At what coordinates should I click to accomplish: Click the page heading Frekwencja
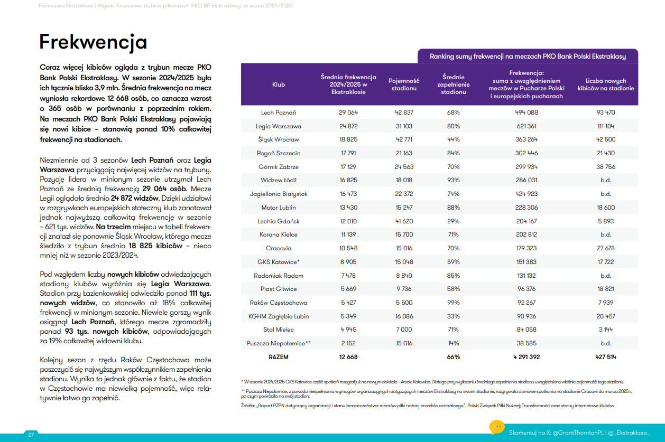point(93,42)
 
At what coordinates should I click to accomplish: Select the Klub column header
point(279,84)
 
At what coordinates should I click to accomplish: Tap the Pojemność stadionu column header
point(404,84)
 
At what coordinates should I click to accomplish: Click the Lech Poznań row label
point(279,112)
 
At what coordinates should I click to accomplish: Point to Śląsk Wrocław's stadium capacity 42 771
point(404,140)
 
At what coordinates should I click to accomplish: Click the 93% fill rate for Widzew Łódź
point(453,181)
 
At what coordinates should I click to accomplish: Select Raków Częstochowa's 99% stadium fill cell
point(453,303)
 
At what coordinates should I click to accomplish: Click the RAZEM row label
point(279,357)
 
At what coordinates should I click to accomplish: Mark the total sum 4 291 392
point(527,357)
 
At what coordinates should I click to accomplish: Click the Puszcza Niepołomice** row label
point(279,343)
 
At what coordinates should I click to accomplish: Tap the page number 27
point(31,435)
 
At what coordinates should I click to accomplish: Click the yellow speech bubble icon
point(497,427)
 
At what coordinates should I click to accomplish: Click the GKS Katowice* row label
point(279,262)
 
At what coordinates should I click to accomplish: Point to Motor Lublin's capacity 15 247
point(404,208)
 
